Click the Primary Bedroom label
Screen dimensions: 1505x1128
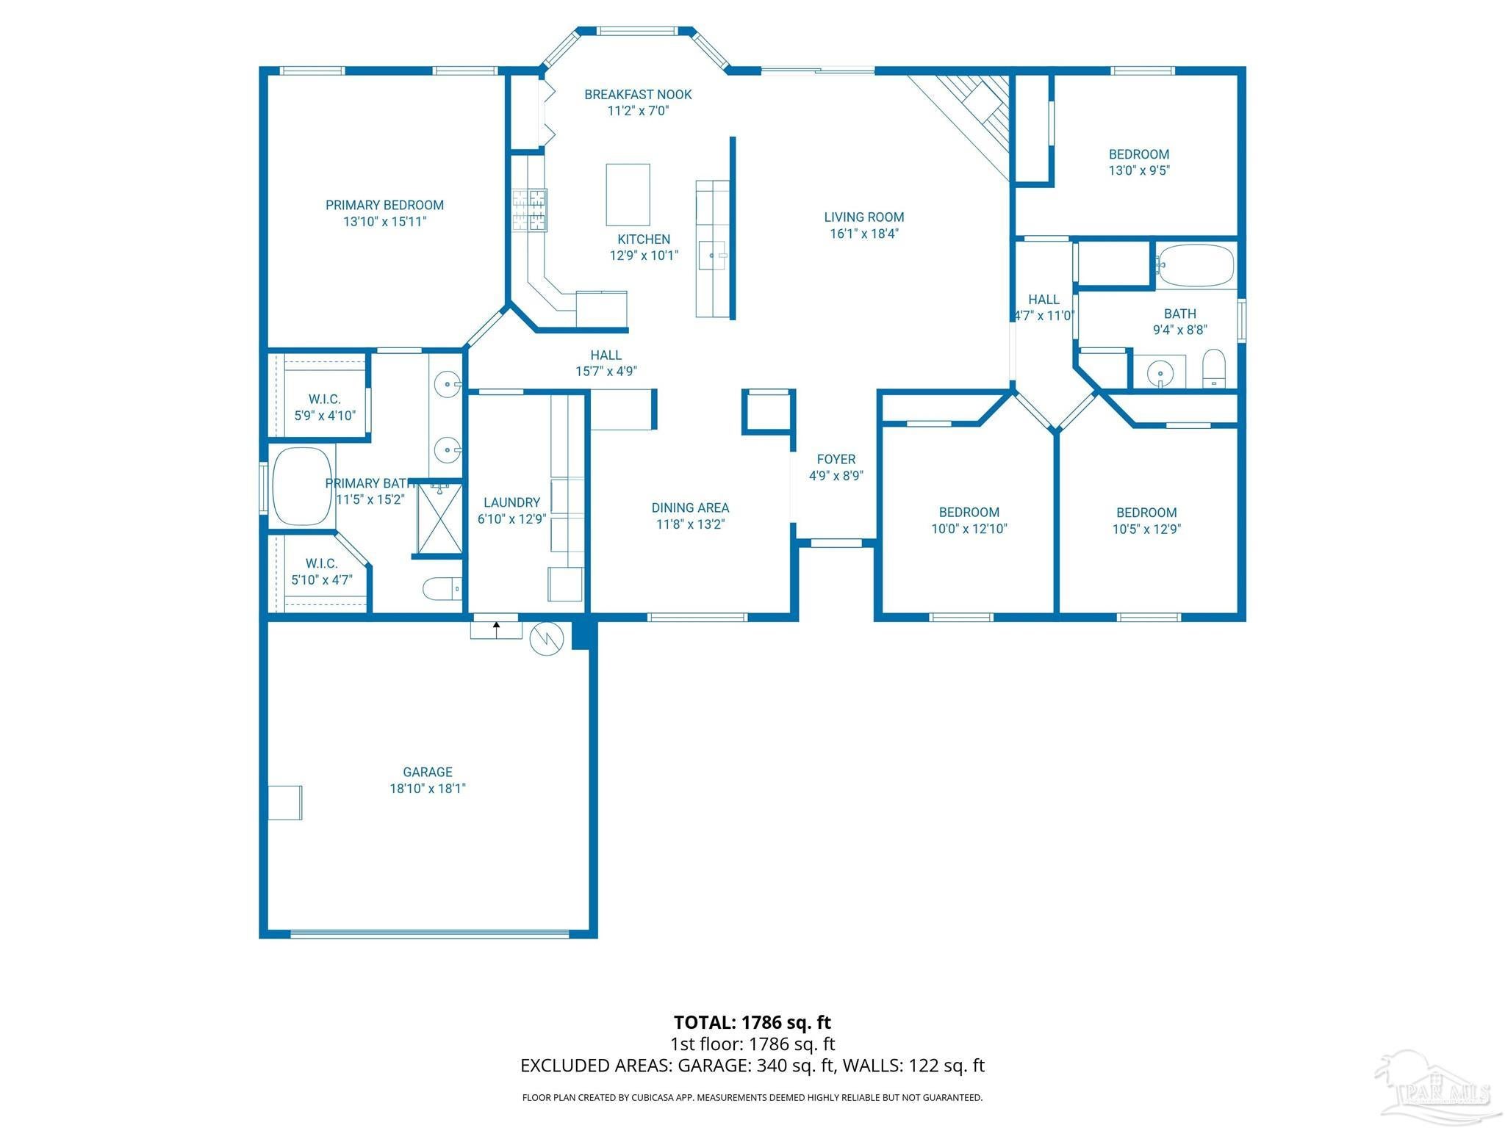click(x=384, y=206)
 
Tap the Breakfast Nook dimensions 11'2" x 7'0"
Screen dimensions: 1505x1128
click(x=638, y=111)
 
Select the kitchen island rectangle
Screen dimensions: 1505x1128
click(x=628, y=195)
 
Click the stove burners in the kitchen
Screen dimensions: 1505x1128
click(x=530, y=211)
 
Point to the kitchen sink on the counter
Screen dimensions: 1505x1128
click(x=712, y=256)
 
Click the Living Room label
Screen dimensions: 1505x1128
click(x=864, y=217)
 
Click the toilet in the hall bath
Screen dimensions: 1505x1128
click(x=1214, y=369)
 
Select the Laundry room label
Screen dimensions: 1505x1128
click(x=511, y=503)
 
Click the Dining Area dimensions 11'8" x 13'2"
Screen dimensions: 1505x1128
click(x=691, y=524)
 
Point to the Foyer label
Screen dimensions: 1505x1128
click(x=836, y=460)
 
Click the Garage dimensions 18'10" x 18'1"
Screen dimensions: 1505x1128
click(x=428, y=789)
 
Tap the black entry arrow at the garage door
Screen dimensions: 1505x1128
click(x=497, y=629)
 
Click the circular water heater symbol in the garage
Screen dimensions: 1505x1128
click(x=547, y=639)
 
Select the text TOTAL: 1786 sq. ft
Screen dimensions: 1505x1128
click(x=752, y=1022)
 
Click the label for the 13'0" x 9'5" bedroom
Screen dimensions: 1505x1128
click(x=1139, y=155)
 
